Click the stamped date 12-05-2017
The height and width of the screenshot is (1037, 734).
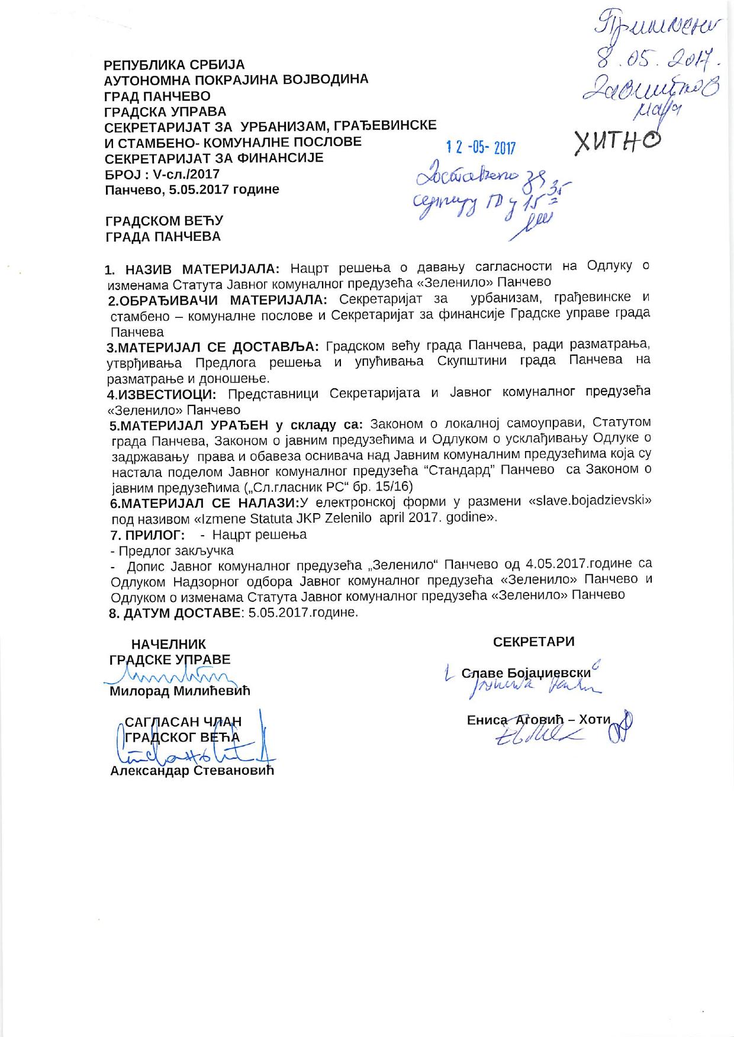click(481, 147)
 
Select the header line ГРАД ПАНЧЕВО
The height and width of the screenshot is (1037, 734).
click(157, 96)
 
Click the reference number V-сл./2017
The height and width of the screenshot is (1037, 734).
click(186, 174)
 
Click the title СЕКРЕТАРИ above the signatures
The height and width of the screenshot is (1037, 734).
click(533, 642)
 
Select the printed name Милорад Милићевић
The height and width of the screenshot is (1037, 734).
click(180, 691)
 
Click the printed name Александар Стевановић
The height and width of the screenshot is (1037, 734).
click(192, 771)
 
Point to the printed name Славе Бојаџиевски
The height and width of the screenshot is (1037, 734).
click(526, 673)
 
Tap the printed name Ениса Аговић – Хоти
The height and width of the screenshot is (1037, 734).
click(538, 720)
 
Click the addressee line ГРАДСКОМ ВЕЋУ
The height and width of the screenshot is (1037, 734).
click(164, 221)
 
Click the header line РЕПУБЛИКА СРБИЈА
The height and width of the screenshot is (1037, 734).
click(174, 65)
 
